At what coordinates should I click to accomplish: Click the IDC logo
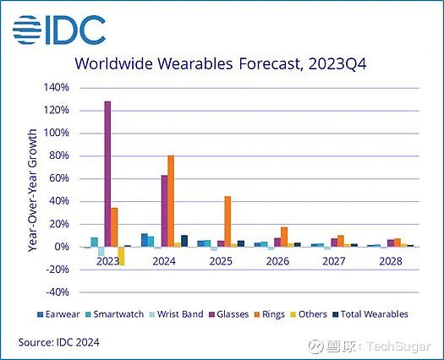pyautogui.click(x=58, y=29)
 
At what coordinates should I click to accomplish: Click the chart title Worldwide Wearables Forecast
pyautogui.click(x=221, y=64)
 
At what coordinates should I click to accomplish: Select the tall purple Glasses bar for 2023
pyautogui.click(x=107, y=173)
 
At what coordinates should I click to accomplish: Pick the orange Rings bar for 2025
pyautogui.click(x=227, y=221)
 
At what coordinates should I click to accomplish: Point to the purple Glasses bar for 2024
pyautogui.click(x=164, y=210)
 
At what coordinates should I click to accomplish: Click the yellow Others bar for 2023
pyautogui.click(x=121, y=256)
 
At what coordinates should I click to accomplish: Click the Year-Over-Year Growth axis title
pyautogui.click(x=32, y=190)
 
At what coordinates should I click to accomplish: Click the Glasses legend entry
pyautogui.click(x=230, y=314)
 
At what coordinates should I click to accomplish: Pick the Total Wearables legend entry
pyautogui.click(x=371, y=314)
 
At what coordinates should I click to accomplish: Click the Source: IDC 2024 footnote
pyautogui.click(x=58, y=342)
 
